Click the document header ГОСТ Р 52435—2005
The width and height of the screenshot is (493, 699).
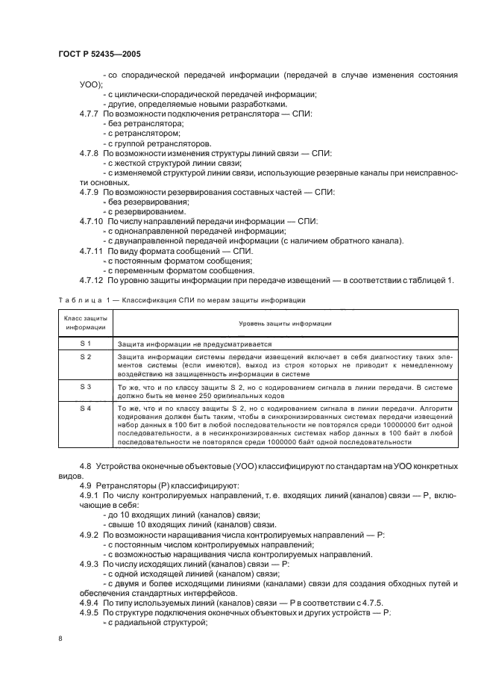click(99, 56)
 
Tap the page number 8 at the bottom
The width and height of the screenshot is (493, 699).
click(60, 638)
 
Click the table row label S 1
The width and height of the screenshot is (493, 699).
click(85, 343)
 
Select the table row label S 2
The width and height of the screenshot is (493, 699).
click(85, 357)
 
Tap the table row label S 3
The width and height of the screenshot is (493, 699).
click(85, 386)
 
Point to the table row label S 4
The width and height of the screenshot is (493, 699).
click(85, 408)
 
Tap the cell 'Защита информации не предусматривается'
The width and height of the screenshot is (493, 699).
click(194, 344)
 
